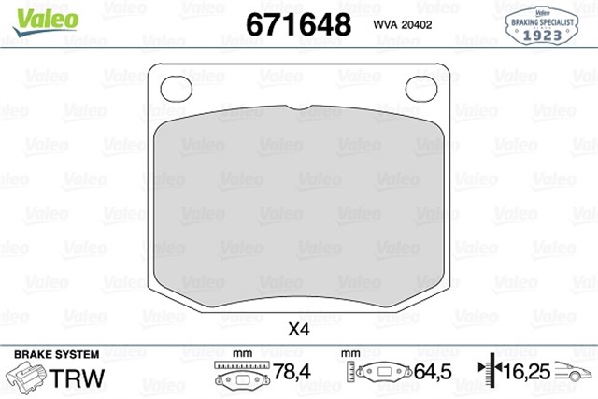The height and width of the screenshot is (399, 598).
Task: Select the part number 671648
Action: (x=297, y=22)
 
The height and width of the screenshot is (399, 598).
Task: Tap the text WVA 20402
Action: (x=403, y=23)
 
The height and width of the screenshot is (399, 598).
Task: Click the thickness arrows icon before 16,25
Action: (x=487, y=374)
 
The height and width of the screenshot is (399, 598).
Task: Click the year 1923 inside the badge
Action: (x=542, y=34)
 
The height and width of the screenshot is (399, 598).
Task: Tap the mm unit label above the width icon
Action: (x=242, y=354)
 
